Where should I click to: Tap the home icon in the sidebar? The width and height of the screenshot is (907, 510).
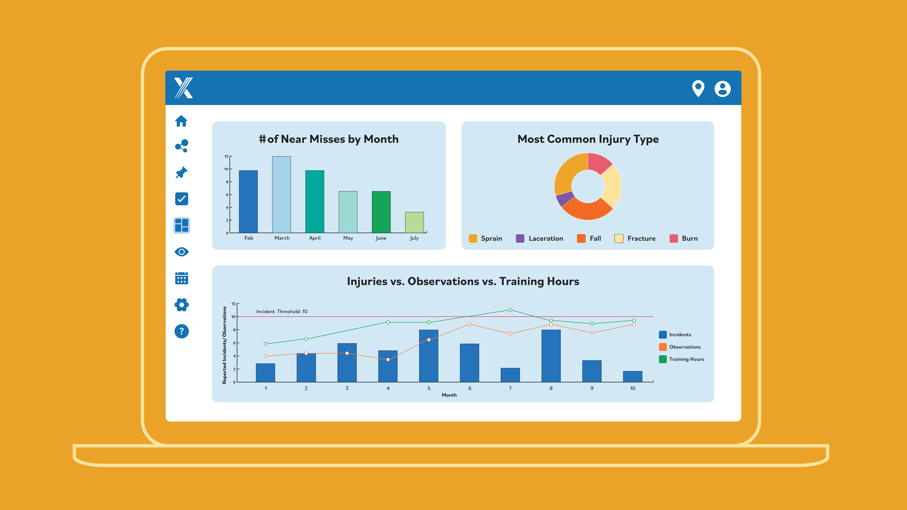pos(181,121)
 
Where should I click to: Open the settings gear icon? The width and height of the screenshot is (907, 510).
pos(181,305)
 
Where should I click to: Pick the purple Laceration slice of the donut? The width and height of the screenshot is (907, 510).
pos(564,199)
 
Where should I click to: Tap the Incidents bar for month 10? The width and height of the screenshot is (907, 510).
pos(632,377)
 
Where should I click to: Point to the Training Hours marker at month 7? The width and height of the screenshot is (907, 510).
pos(510,310)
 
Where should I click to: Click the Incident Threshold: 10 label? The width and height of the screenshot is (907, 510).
pos(282,311)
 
